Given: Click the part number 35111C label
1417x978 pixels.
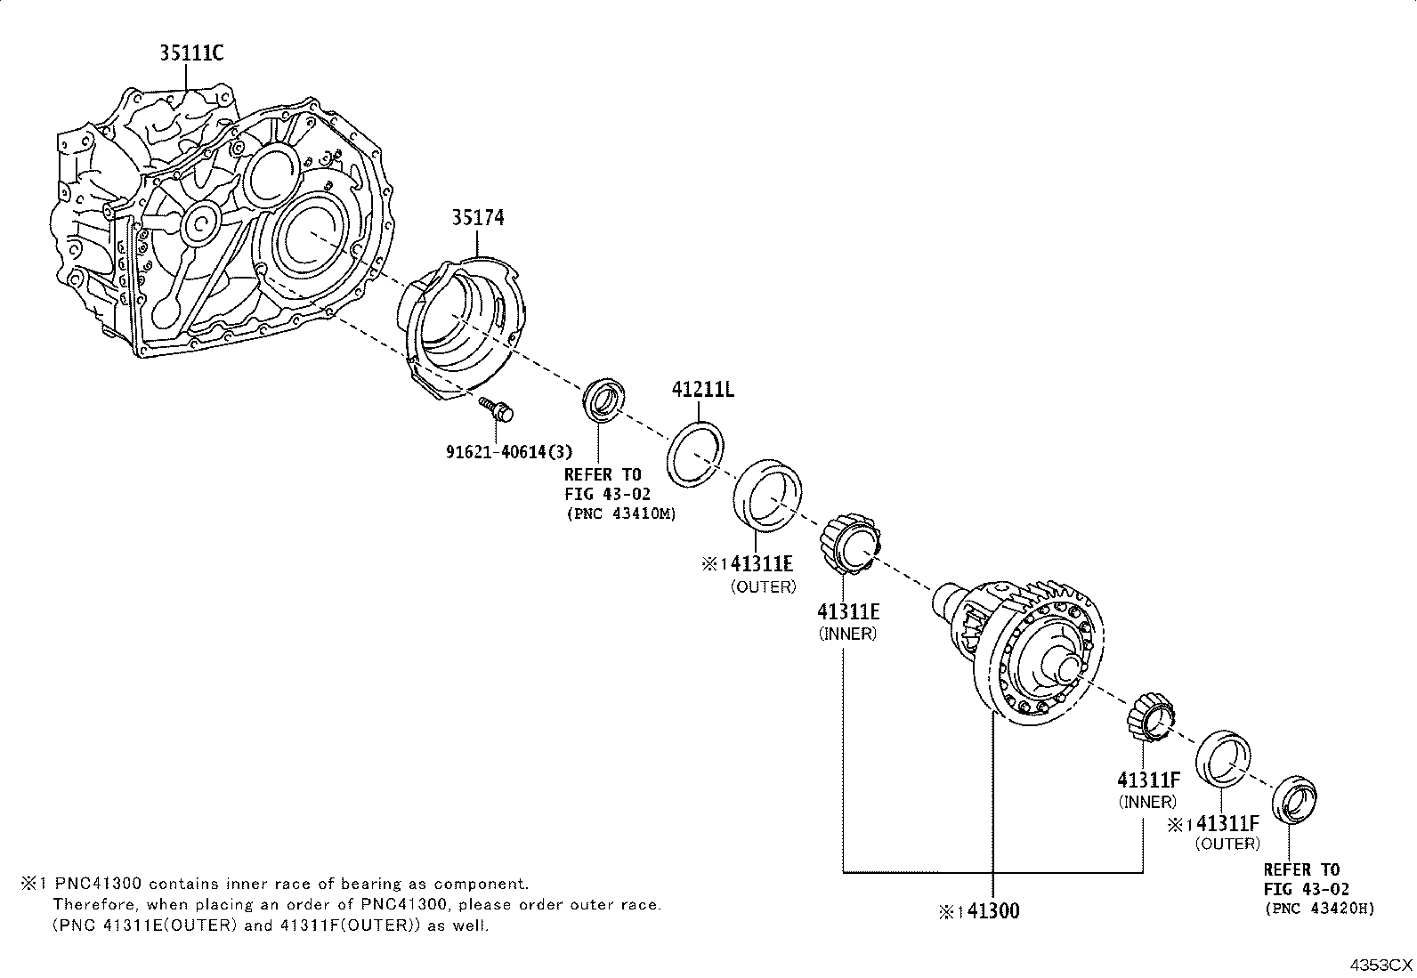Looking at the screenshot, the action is (191, 53).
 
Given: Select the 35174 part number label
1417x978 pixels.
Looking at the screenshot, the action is (478, 218).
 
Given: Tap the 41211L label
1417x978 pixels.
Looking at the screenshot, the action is (703, 390).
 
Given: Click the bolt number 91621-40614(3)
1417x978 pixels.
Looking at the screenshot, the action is (508, 452).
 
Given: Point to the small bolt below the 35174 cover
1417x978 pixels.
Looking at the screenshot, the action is (496, 408).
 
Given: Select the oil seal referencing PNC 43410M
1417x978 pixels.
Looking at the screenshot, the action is (603, 400).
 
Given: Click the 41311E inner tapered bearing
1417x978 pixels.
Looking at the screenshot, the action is (849, 544).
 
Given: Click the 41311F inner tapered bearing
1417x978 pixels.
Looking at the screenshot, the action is (1151, 719).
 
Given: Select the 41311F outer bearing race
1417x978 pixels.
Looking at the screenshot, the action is (1222, 759).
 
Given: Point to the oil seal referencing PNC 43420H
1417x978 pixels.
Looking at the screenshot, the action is (1294, 800).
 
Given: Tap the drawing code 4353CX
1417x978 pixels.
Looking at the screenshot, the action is (1381, 965).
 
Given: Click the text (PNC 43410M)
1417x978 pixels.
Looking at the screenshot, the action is (621, 513).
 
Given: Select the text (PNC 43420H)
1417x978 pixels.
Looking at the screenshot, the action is (1320, 909).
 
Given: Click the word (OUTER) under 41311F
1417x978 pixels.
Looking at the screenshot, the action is (1227, 844).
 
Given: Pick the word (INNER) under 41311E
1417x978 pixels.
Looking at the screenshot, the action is (847, 634).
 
